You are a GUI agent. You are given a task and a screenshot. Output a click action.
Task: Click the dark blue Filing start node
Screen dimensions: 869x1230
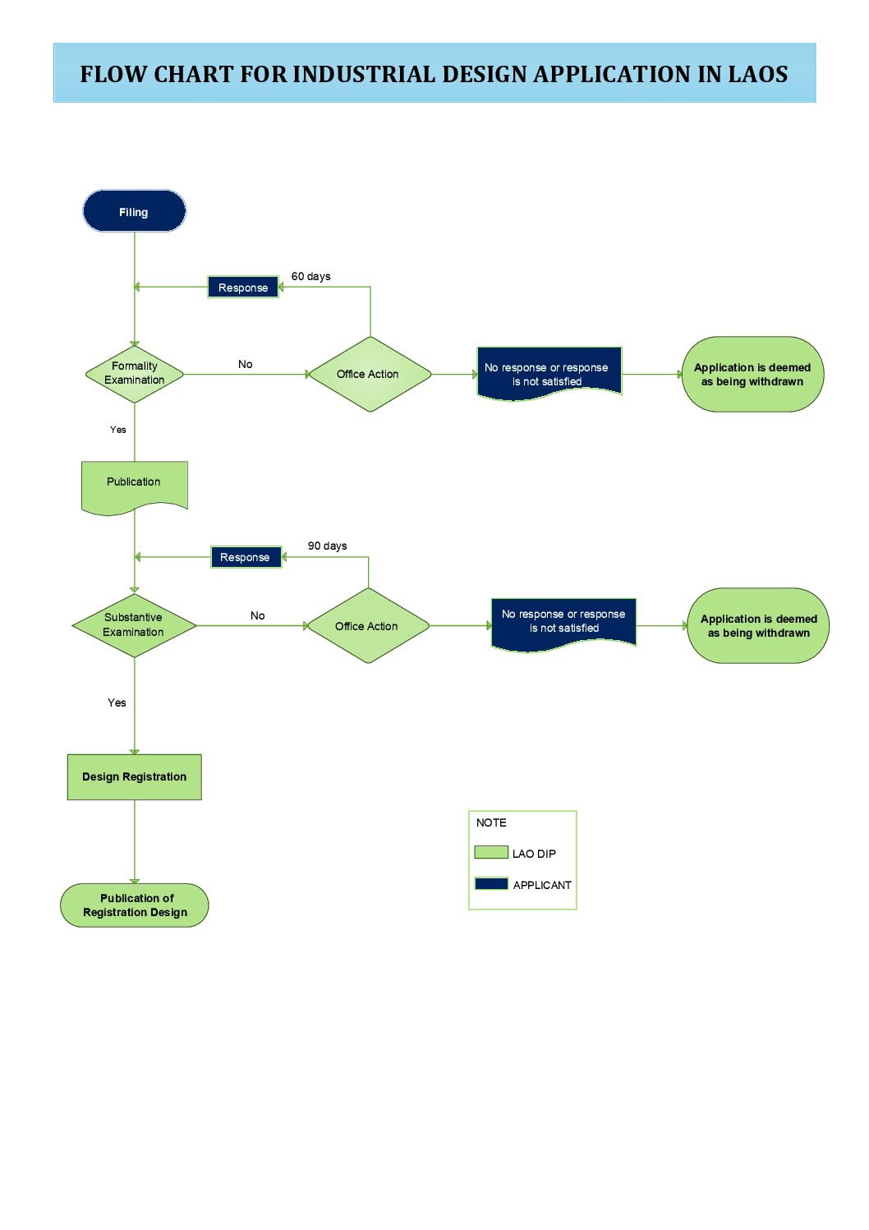[134, 211]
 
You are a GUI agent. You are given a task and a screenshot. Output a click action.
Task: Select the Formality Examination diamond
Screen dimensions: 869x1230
[135, 374]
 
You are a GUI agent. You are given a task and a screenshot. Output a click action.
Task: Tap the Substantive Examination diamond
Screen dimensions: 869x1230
[135, 625]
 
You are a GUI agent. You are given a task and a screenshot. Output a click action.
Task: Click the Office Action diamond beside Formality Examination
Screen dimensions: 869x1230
[370, 374]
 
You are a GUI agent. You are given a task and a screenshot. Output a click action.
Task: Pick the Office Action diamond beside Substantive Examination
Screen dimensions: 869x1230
[368, 625]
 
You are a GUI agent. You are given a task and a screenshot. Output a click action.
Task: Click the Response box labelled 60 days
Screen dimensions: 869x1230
[242, 288]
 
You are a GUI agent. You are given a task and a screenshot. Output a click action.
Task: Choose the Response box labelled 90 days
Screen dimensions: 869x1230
[246, 557]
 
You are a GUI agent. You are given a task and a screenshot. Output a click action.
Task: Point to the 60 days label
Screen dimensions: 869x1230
[310, 276]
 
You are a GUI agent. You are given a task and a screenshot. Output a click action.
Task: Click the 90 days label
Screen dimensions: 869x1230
[327, 546]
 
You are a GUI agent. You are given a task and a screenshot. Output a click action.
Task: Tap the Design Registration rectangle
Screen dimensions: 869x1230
[135, 776]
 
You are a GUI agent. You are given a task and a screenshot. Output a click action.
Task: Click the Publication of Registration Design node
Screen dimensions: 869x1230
[135, 905]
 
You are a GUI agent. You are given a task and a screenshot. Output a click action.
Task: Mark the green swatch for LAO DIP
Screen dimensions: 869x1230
[491, 852]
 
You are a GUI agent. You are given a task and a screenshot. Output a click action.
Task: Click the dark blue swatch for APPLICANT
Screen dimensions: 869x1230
[491, 883]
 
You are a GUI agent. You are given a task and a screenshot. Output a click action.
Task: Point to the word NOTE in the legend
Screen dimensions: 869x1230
[491, 822]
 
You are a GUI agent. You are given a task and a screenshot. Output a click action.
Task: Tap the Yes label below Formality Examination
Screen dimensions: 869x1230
[118, 430]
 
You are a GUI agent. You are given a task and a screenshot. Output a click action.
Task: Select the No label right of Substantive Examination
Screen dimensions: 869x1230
[257, 615]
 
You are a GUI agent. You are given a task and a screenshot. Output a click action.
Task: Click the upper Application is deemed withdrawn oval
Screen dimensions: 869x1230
[752, 374]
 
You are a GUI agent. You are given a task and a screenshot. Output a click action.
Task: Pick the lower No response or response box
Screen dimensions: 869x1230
[563, 624]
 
